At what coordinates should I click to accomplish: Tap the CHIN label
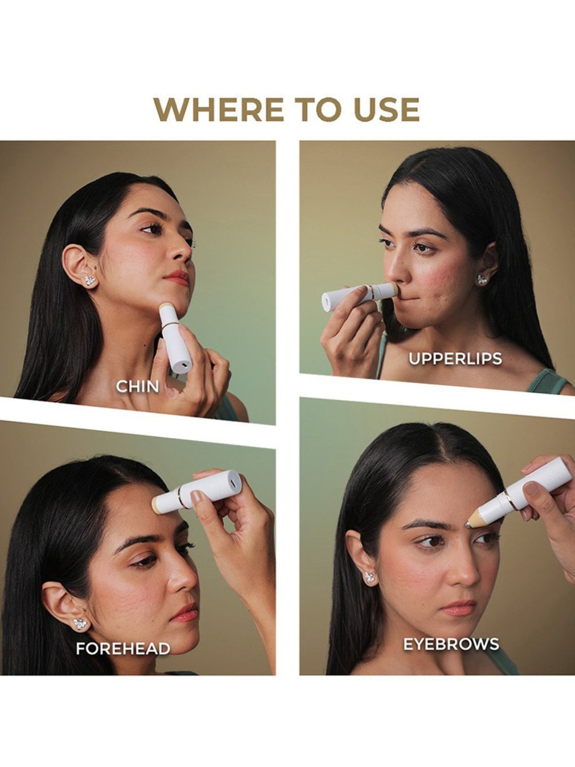click(138, 387)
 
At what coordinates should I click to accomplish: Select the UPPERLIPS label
click(455, 359)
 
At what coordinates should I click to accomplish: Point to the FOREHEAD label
click(123, 648)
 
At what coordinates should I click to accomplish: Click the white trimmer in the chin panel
click(174, 337)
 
